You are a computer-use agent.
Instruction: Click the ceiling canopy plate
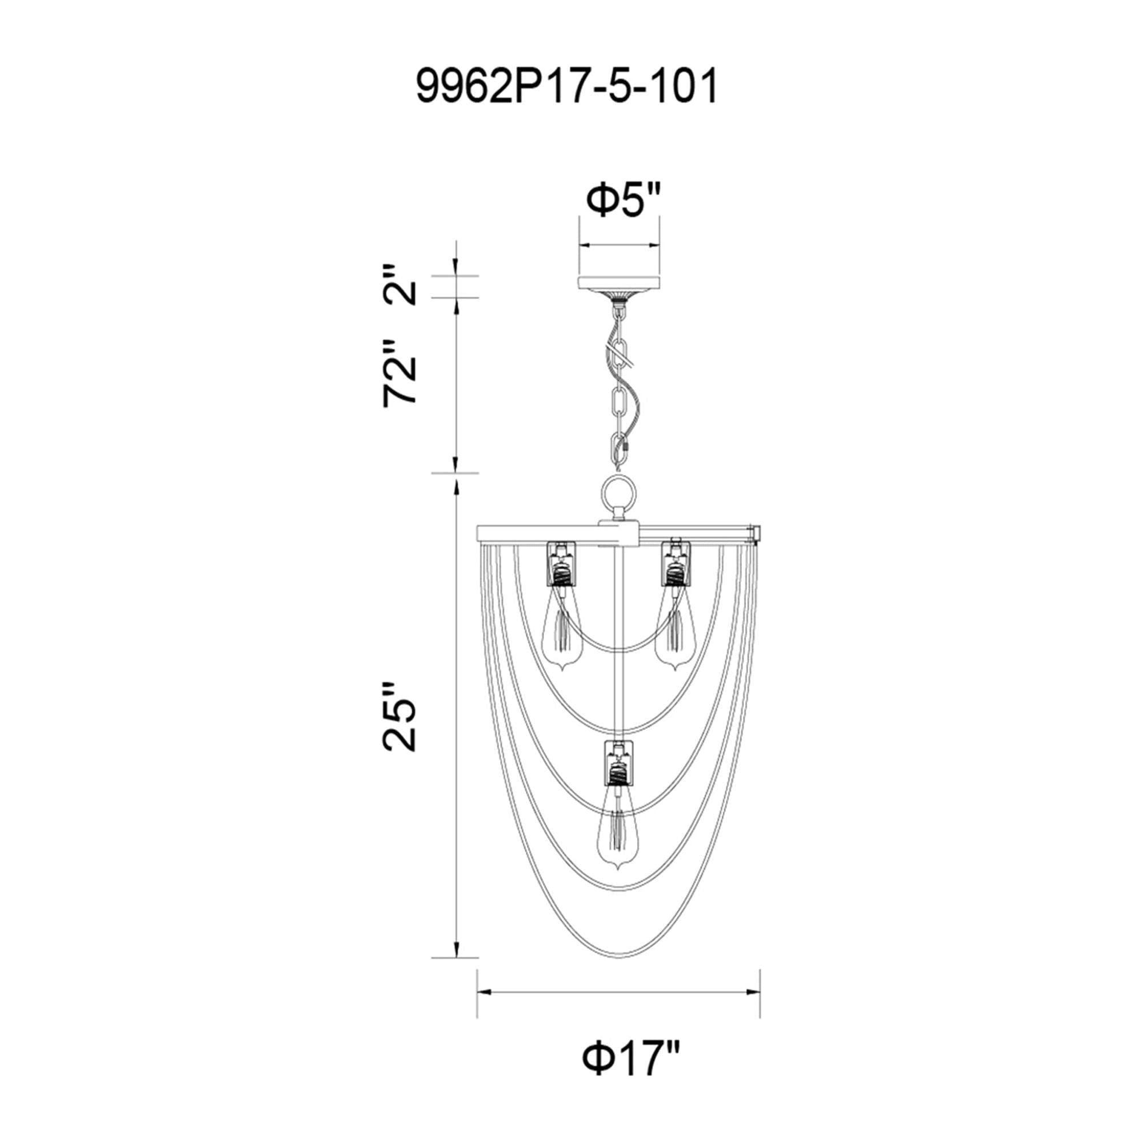tap(619, 283)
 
